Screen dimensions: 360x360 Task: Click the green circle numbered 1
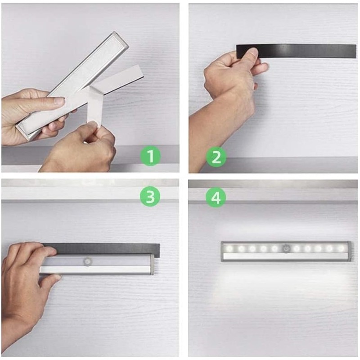[150, 156]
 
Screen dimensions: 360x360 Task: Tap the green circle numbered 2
[216, 157]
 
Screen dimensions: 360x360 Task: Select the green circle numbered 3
[150, 196]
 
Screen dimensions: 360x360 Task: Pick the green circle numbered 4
[216, 197]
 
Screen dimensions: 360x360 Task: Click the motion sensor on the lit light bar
[286, 248]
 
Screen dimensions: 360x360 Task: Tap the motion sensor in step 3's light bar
[87, 261]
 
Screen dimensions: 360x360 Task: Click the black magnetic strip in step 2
[296, 51]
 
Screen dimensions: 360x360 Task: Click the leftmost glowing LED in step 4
[229, 248]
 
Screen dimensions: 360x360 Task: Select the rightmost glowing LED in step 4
[341, 248]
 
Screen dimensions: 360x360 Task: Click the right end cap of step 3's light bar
[152, 264]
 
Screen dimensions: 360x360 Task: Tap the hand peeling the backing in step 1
[81, 147]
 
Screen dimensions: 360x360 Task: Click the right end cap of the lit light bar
[349, 251]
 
